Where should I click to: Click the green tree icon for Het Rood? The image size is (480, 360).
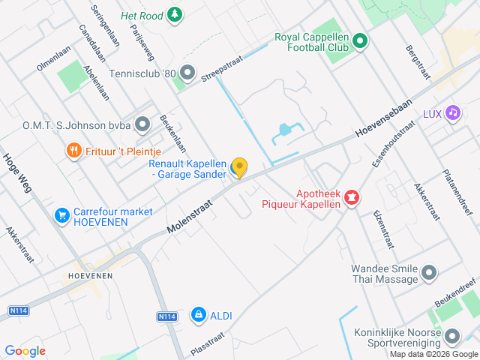[x=174, y=14]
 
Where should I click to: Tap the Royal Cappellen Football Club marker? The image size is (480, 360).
[x=359, y=41]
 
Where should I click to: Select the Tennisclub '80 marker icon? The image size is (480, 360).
[x=187, y=73]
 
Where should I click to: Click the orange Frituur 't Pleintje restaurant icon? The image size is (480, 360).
[x=73, y=151]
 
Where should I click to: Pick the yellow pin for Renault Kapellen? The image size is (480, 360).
[x=239, y=167]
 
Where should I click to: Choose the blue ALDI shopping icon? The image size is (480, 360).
[x=198, y=316]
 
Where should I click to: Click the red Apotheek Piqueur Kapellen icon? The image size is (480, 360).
[x=351, y=198]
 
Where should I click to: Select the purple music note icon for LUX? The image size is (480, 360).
[x=452, y=113]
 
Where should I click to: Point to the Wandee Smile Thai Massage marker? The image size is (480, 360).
[x=429, y=273]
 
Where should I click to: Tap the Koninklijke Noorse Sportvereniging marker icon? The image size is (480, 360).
[x=452, y=334]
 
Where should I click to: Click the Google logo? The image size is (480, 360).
[x=25, y=351]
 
